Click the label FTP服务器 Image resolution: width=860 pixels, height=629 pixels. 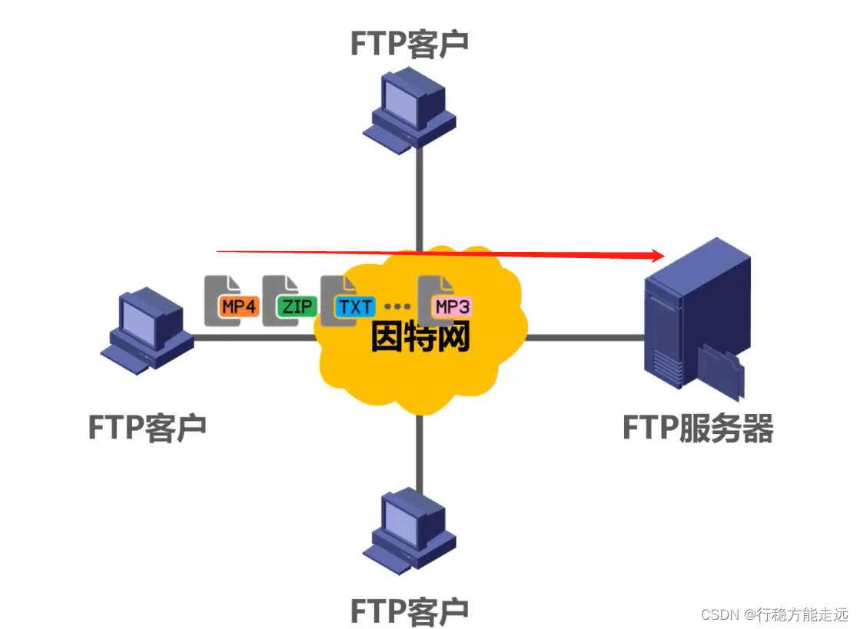697,429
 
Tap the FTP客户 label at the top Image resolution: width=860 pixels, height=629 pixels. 409,44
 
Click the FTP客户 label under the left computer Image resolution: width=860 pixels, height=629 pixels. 148,427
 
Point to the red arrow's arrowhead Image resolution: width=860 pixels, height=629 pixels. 657,256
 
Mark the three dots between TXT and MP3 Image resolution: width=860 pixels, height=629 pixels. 397,307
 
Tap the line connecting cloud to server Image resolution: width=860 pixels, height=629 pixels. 584,337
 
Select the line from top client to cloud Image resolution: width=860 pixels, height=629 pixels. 420,200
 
